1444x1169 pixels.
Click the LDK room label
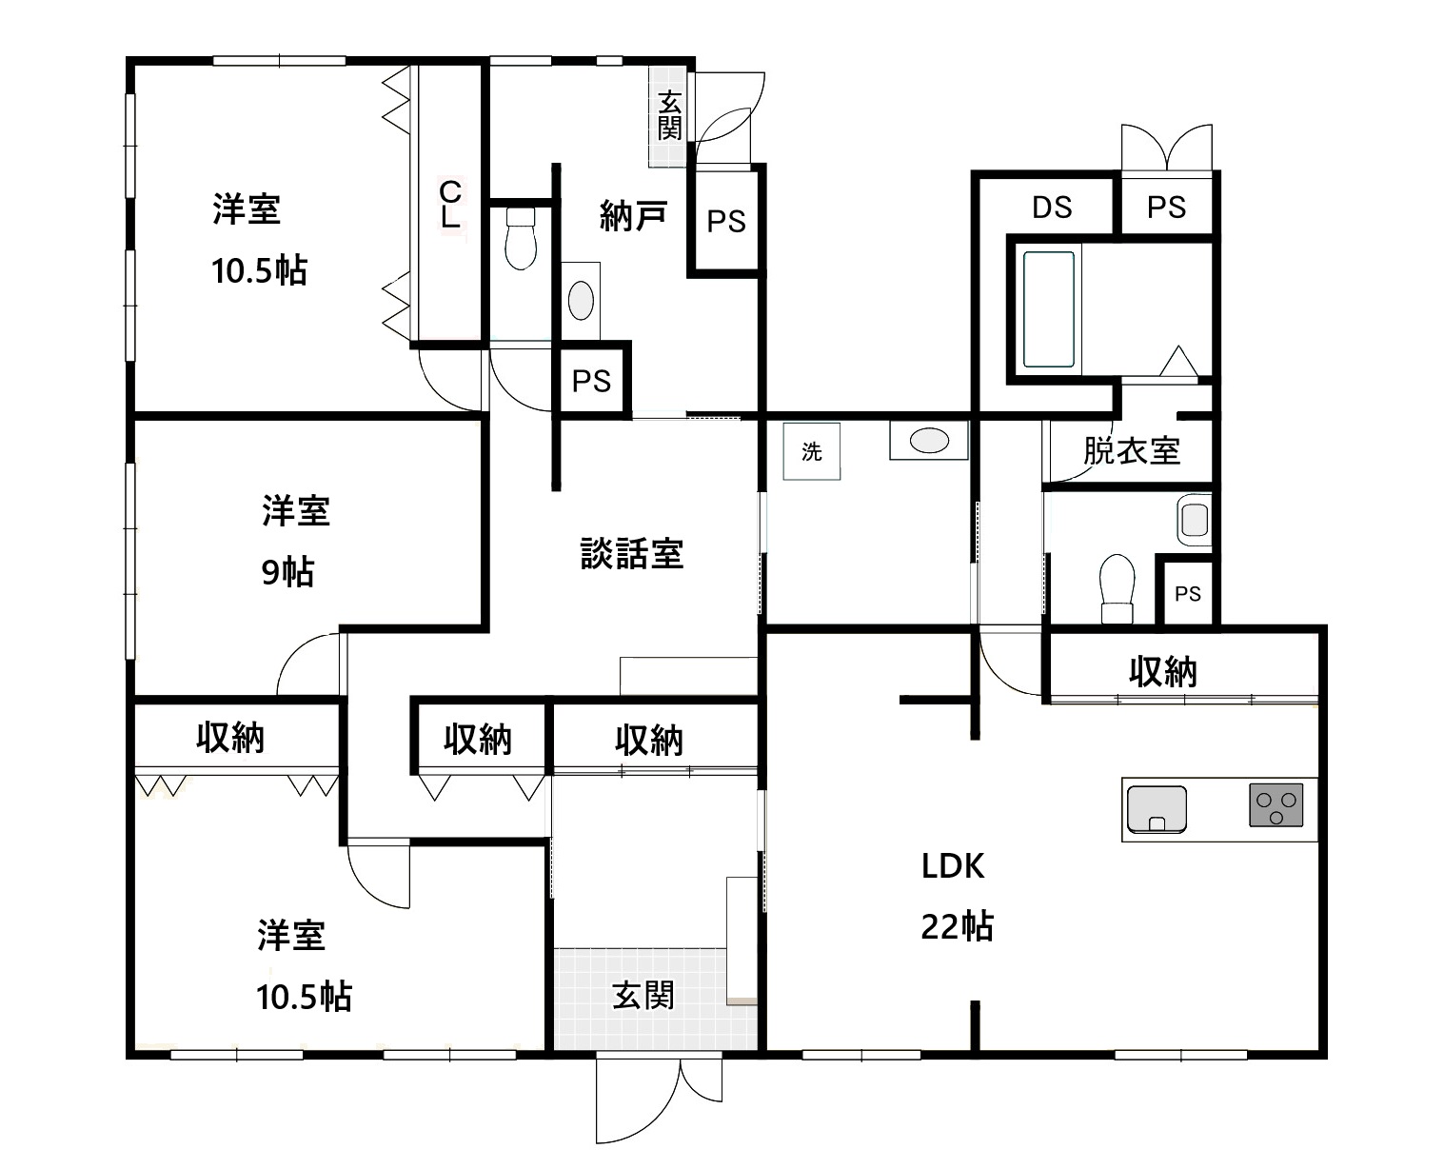click(952, 866)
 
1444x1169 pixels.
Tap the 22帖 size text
click(957, 926)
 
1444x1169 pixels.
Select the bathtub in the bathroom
click(1048, 309)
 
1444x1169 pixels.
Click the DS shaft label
click(1052, 207)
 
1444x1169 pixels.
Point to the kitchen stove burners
click(1276, 804)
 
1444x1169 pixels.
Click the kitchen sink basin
click(1157, 809)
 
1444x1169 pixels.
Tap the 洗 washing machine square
click(812, 451)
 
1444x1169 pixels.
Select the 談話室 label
click(632, 553)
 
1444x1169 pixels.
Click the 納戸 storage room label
click(633, 216)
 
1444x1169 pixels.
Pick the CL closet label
click(450, 204)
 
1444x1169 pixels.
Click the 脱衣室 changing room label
click(1131, 450)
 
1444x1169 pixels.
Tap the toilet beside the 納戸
click(521, 238)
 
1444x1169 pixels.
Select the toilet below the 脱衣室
click(1117, 588)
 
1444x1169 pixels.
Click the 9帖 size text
click(287, 571)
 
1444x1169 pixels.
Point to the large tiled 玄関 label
click(643, 996)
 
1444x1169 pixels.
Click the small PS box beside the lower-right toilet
click(1187, 593)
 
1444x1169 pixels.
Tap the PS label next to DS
click(1166, 207)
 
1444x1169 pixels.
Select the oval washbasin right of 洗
click(929, 440)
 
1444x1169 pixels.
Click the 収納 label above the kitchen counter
click(1162, 672)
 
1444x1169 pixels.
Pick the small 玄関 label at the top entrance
click(669, 116)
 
